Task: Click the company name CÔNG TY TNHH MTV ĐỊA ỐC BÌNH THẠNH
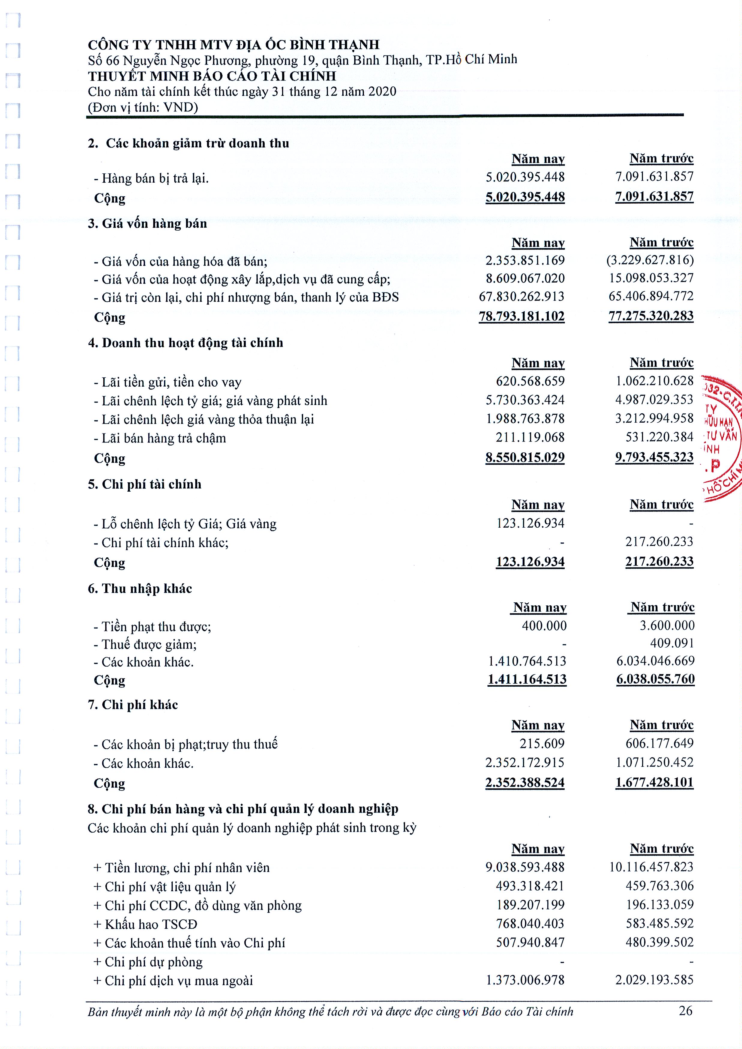point(233,45)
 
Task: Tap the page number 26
point(685,1010)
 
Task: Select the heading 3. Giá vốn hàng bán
point(147,223)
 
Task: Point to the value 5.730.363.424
point(525,400)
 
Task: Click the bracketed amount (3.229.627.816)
point(650,260)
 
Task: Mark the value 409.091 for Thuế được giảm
point(671,643)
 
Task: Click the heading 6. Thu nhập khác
point(140,589)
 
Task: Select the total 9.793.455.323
point(654,457)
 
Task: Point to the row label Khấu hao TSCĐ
point(145,924)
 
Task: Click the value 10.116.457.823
point(651,867)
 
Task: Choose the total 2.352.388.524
point(525,783)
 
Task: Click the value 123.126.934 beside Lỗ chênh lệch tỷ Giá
point(530,523)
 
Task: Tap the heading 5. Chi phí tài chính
point(144,484)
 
